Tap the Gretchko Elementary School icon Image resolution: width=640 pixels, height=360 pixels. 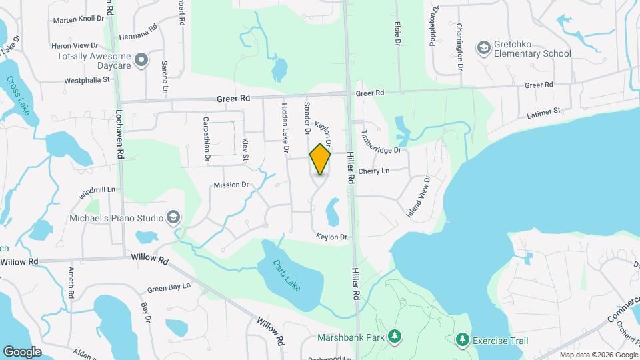tap(483, 47)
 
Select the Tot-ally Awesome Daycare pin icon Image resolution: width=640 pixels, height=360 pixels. tap(141, 61)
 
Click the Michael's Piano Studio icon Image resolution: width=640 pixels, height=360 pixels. tap(173, 217)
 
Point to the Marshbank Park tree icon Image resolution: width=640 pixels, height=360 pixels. tap(395, 337)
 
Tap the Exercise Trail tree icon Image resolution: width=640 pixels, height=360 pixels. tap(461, 341)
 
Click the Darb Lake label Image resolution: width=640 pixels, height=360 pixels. tap(287, 275)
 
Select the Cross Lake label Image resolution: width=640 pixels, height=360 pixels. tap(18, 95)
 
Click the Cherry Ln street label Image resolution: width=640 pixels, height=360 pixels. tap(373, 171)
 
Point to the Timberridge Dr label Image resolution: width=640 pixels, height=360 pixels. tap(381, 141)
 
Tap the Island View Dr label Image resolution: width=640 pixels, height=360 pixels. tap(419, 196)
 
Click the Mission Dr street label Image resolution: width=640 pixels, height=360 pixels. tap(231, 185)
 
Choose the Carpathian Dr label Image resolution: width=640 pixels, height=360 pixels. tap(207, 138)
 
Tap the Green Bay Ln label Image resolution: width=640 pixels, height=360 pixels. tap(169, 287)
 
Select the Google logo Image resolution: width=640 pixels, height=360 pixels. tap(22, 351)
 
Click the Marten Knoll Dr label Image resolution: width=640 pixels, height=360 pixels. tap(77, 19)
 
